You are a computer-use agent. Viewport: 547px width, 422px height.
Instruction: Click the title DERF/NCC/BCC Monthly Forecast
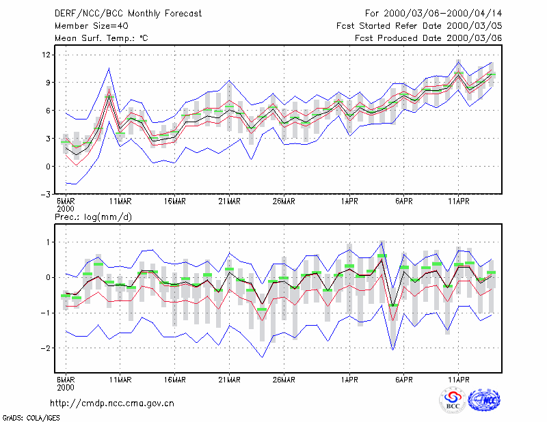click(x=128, y=14)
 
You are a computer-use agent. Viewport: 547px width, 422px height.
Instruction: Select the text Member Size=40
click(x=92, y=26)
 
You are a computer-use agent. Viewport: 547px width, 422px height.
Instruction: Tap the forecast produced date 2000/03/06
click(x=474, y=38)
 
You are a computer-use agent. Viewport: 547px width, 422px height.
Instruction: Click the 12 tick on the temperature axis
click(x=46, y=55)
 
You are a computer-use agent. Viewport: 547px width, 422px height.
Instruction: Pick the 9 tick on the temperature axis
click(x=48, y=83)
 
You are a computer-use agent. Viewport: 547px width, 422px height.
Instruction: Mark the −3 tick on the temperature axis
click(x=46, y=194)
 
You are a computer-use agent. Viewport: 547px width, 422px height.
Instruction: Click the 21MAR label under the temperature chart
click(x=229, y=201)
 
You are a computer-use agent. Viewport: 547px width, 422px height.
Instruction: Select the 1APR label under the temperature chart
click(x=349, y=201)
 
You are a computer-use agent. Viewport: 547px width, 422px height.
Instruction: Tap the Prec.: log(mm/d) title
click(x=93, y=217)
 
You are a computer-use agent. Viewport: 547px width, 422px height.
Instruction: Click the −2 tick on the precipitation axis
click(x=46, y=348)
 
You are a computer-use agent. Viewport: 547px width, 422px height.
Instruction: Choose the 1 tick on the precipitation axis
click(x=49, y=242)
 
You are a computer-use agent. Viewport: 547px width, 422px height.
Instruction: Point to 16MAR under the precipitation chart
click(x=175, y=380)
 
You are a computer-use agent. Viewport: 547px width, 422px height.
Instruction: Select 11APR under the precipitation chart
click(x=458, y=380)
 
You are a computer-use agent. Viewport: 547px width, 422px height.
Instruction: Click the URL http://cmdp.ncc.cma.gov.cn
click(x=112, y=404)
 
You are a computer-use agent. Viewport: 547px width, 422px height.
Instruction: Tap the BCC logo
click(x=453, y=401)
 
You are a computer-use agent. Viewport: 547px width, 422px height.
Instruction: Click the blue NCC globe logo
click(x=484, y=400)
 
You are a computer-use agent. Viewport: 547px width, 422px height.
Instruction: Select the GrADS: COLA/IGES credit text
click(x=31, y=418)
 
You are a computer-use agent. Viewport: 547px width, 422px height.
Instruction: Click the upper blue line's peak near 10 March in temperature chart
click(x=109, y=68)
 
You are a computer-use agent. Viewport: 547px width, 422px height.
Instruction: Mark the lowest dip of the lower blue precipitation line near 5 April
click(x=392, y=350)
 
